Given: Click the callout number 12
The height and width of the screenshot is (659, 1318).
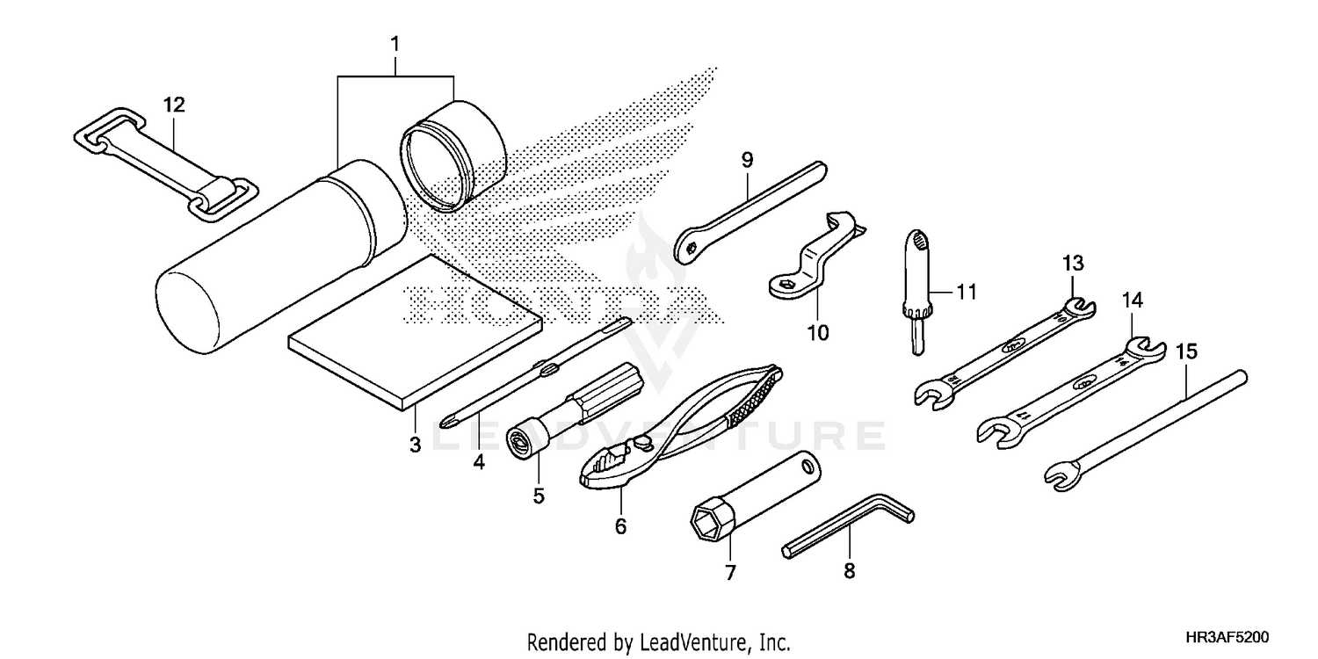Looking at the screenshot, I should [x=174, y=105].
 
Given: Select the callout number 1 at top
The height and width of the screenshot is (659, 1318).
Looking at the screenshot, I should [x=395, y=43].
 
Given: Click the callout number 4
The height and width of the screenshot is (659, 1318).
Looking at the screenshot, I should [x=478, y=461].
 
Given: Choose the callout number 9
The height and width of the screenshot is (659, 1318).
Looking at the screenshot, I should [x=747, y=160].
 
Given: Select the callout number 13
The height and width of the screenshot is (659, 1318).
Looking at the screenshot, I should [x=1073, y=263].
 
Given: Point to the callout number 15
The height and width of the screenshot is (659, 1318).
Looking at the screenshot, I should [x=1185, y=351].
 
